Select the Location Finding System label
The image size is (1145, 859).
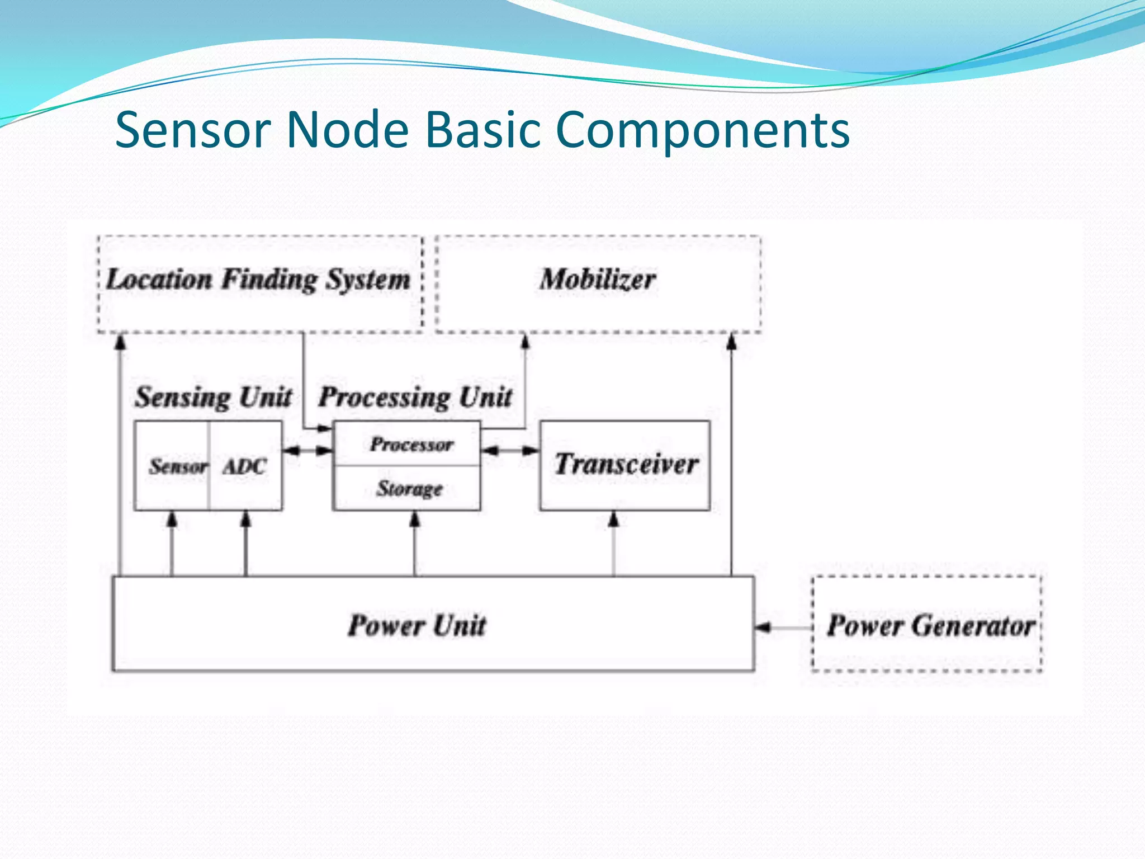point(258,280)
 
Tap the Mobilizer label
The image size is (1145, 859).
point(598,280)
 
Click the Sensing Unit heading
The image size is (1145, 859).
point(213,398)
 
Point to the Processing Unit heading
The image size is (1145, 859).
point(415,398)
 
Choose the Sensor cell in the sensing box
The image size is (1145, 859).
point(177,466)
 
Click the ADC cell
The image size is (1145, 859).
point(245,466)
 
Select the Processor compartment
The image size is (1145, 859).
point(411,445)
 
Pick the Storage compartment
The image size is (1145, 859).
point(409,488)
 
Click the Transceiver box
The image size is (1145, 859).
point(625,465)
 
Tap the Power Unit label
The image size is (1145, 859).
point(417,625)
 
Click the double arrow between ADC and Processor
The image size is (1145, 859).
point(307,450)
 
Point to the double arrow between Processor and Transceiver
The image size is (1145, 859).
point(510,450)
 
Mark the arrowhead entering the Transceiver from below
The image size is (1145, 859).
point(614,519)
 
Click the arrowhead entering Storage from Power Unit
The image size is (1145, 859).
point(414,519)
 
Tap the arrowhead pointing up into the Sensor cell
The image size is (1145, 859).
point(172,519)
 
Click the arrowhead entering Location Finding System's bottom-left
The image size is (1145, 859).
point(120,341)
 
